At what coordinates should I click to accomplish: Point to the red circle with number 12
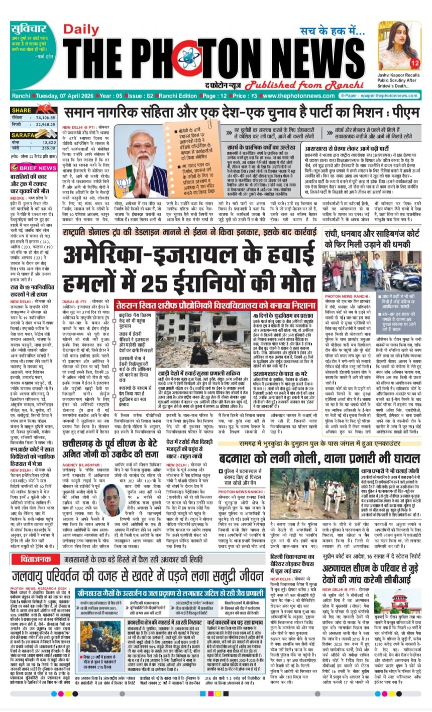pos(414,63)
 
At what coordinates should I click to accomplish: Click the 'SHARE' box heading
pos(23,110)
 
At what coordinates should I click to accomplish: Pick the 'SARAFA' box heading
pos(24,135)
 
